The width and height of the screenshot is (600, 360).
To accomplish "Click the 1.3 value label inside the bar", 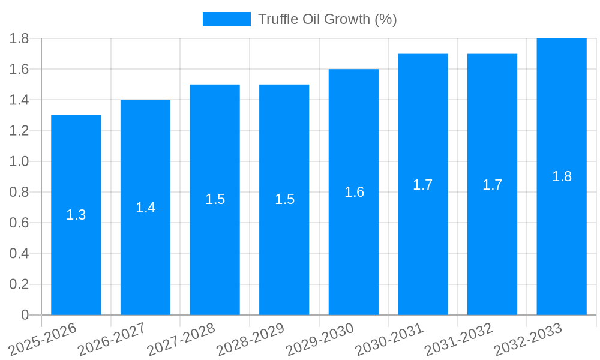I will [x=76, y=215].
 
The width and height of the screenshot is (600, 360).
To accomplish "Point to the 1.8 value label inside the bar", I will [x=562, y=176].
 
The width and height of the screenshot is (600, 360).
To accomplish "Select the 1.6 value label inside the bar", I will [x=354, y=192].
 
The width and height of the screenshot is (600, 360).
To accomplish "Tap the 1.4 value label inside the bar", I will [x=145, y=208].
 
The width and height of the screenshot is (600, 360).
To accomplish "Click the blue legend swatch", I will [x=226, y=19].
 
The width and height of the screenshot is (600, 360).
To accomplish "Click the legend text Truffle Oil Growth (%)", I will [x=328, y=19].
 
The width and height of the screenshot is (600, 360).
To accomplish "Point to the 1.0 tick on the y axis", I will [x=19, y=161].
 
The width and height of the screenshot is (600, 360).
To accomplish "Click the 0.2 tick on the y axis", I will [x=19, y=284].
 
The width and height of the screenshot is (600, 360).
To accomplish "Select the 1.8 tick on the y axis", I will [x=19, y=38].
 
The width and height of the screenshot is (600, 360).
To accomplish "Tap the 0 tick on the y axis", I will [x=25, y=315].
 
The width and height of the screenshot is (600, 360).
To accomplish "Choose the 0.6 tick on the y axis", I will [x=19, y=223].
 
